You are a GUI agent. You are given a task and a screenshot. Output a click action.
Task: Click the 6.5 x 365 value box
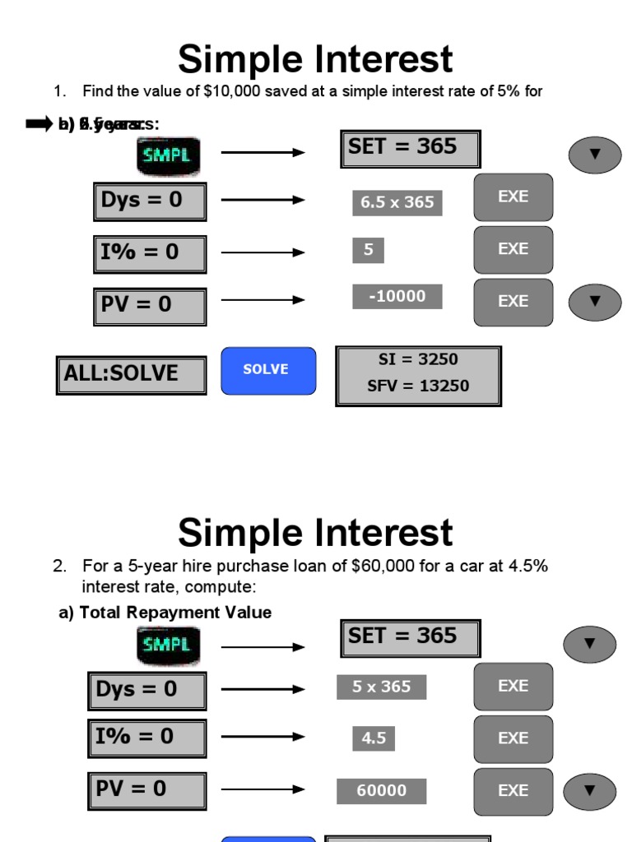coord(397,202)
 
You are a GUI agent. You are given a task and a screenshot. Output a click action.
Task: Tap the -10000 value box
coord(397,296)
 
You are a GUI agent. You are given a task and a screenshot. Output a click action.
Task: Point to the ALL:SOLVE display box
coord(131,375)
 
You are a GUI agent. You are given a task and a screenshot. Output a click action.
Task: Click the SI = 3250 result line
coord(418,360)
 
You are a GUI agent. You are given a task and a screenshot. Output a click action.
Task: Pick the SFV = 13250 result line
coord(418,386)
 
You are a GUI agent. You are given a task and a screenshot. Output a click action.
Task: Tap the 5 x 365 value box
coord(381,687)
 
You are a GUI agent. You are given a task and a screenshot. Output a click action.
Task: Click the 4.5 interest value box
coord(374,738)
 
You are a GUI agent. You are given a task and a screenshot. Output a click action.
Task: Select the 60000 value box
coord(381,791)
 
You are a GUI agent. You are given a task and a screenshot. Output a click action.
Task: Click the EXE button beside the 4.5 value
coord(513,738)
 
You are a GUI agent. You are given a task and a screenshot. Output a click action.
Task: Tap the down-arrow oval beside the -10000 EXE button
coord(594,302)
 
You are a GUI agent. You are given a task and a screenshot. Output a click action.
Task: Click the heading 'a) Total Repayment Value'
coord(165,613)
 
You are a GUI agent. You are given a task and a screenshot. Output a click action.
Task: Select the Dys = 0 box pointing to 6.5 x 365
coord(149,201)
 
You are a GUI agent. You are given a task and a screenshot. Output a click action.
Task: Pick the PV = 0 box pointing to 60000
coord(146,790)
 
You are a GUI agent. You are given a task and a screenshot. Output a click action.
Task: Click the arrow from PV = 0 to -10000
coord(263,300)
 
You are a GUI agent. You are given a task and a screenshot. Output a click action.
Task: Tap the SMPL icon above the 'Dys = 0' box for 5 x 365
coord(168,645)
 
